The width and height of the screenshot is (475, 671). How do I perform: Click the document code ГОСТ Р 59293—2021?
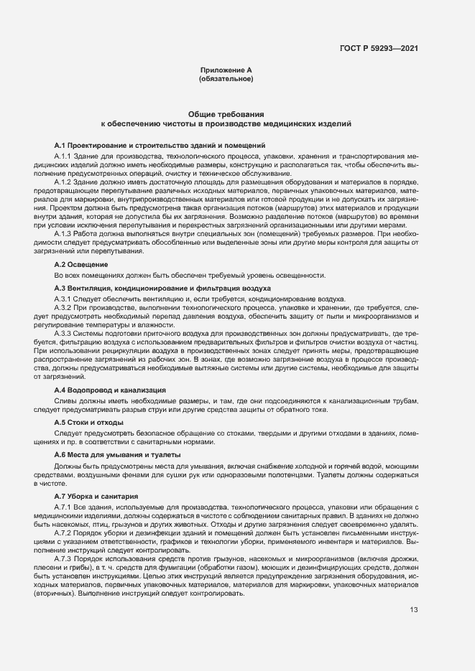click(379, 49)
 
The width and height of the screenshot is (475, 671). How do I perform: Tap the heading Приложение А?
click(226, 70)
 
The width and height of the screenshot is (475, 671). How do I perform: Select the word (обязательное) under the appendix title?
click(226, 78)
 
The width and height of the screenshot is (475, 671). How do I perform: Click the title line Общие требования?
click(226, 114)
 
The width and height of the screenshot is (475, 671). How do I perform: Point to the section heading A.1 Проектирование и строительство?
click(160, 145)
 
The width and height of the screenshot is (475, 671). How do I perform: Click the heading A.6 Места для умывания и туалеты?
click(111, 455)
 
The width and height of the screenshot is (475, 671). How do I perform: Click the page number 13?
click(414, 610)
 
